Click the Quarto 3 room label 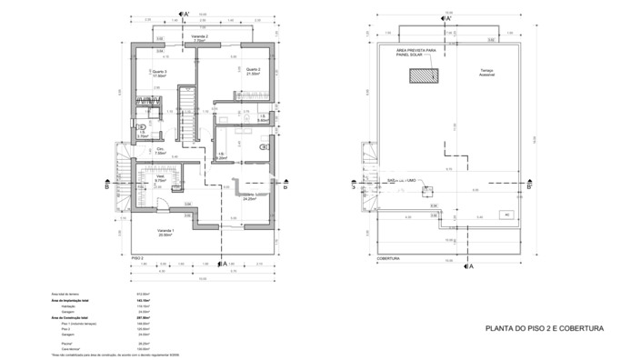tap(160, 74)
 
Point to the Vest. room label tap(160, 179)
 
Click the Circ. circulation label tap(160, 151)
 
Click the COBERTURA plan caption tap(390, 258)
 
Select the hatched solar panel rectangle tap(424, 76)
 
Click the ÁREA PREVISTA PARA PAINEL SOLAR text tap(416, 54)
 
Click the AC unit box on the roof tap(506, 215)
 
